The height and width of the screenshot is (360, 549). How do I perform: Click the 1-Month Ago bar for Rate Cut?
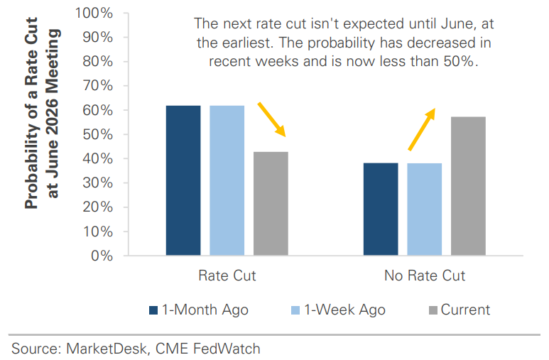coord(183,180)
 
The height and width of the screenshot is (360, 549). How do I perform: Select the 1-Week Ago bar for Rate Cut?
coord(227,180)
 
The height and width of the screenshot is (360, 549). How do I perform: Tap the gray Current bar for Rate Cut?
coord(271,203)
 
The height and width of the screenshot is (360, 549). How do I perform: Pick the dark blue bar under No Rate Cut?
coord(381,209)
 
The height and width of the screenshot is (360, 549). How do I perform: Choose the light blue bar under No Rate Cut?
coord(424,209)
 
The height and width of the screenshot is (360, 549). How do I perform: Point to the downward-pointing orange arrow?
coord(271,119)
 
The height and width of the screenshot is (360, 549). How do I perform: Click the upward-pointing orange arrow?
coord(421,129)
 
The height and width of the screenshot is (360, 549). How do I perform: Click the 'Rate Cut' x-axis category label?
coord(227,276)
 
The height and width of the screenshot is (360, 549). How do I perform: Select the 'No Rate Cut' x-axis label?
coord(424,276)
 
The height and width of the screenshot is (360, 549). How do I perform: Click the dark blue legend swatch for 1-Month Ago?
coord(153,310)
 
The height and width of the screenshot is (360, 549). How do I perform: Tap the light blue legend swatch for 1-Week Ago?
coord(295,310)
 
